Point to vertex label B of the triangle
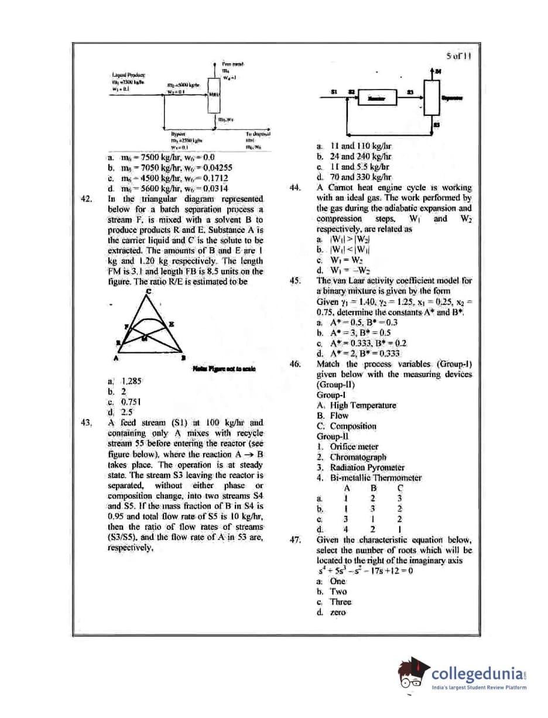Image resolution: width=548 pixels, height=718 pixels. point(183,358)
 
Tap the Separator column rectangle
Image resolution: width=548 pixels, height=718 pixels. point(432,98)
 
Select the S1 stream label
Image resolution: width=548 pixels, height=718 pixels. point(333,92)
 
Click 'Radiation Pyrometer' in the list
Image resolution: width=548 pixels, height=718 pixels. point(367,468)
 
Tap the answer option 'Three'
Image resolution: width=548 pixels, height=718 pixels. point(341,602)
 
